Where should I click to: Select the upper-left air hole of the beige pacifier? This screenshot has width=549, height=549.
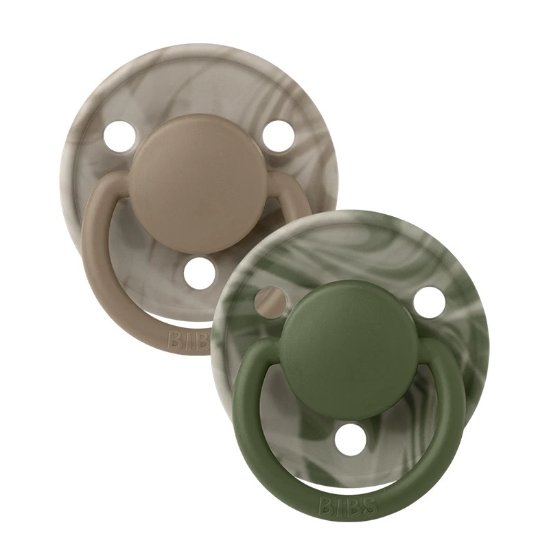[120, 137]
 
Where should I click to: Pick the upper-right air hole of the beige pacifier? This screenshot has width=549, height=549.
[279, 136]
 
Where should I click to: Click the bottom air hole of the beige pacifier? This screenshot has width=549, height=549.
[200, 274]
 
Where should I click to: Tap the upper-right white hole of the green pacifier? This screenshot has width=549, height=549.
[430, 302]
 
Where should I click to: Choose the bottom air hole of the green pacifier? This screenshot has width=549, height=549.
[351, 439]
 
